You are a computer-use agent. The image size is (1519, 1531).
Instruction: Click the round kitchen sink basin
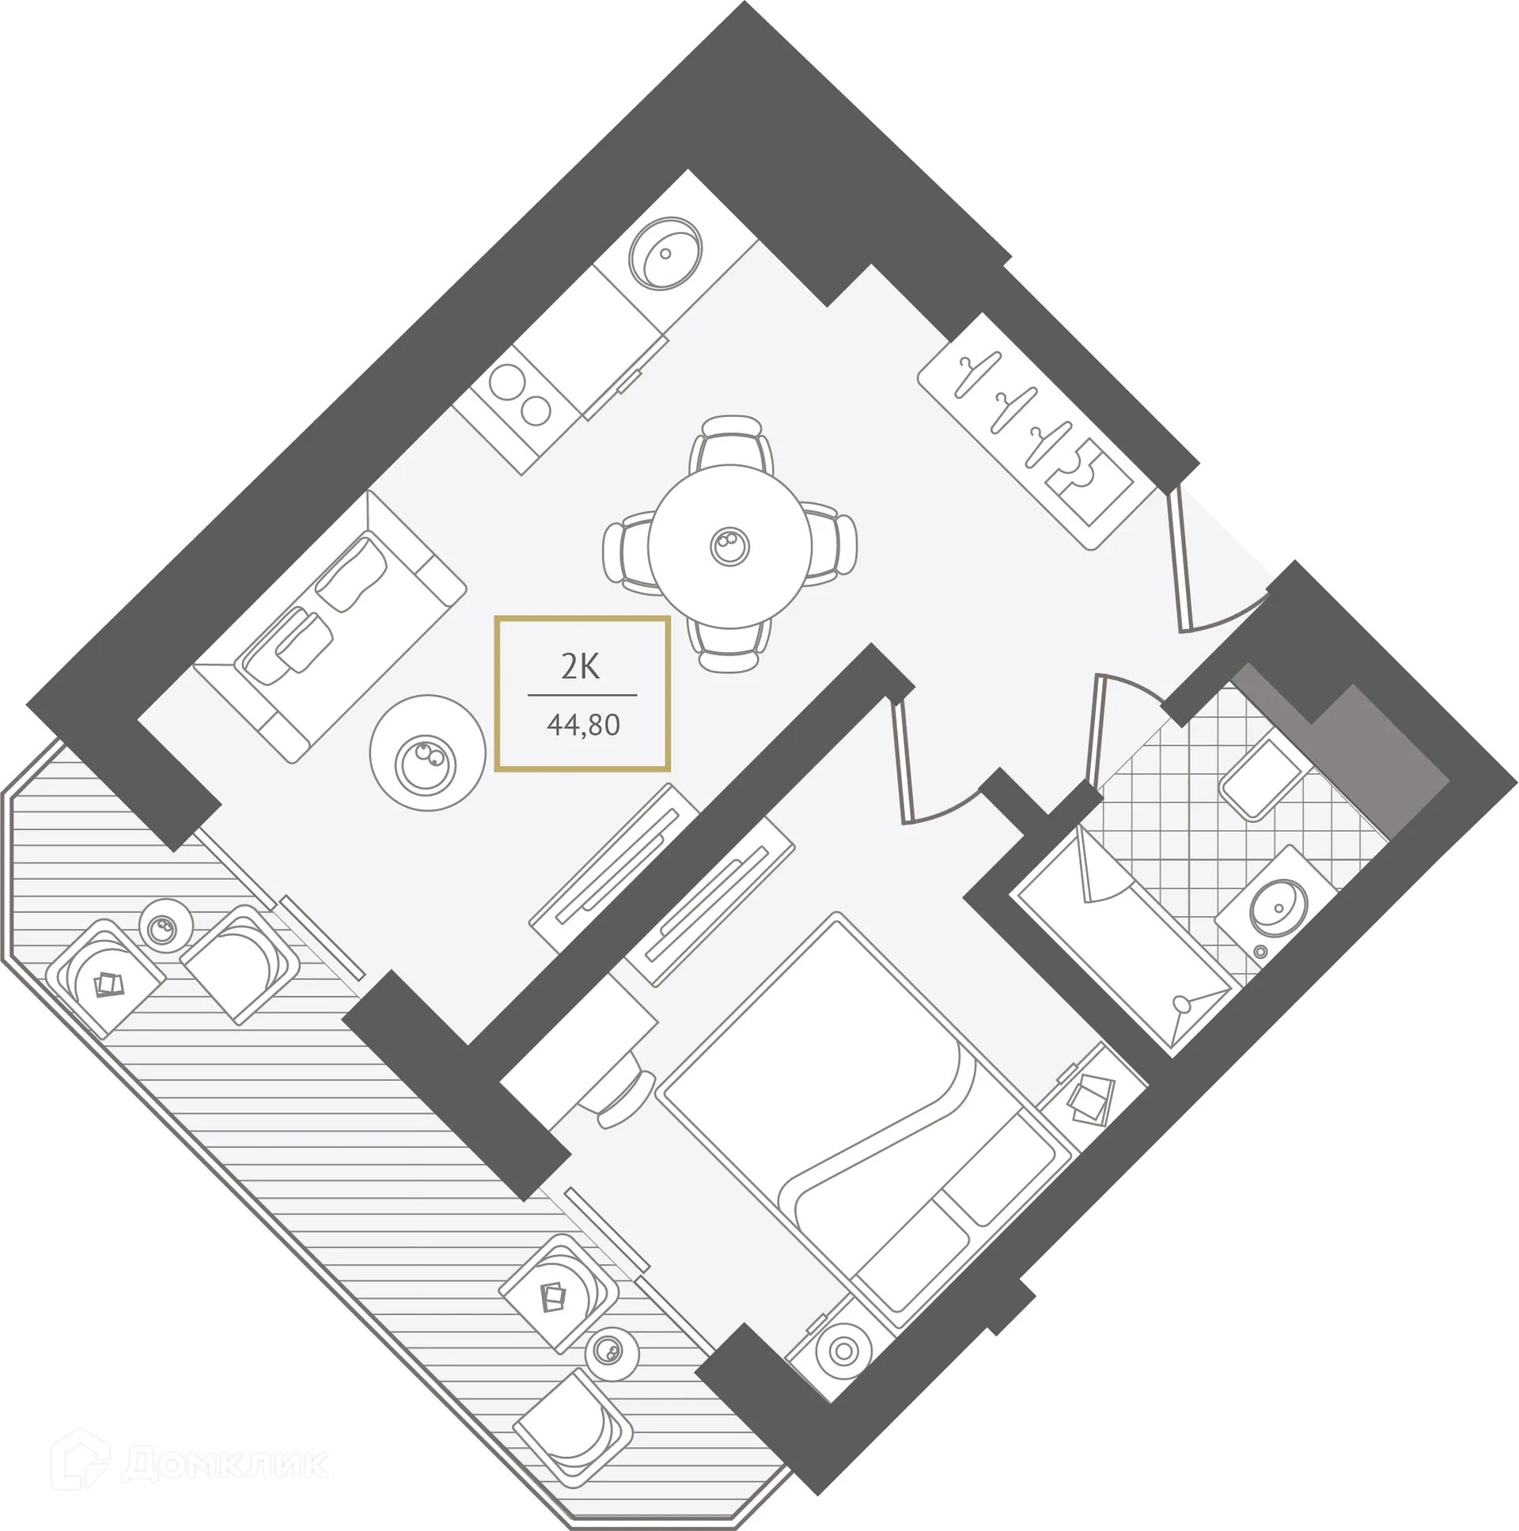[665, 253]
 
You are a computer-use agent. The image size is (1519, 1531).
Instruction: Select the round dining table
[729, 546]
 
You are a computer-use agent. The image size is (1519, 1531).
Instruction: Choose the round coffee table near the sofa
[427, 752]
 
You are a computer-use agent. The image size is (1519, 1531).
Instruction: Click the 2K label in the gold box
[581, 667]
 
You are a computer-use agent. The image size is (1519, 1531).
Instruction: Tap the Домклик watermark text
[225, 1465]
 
